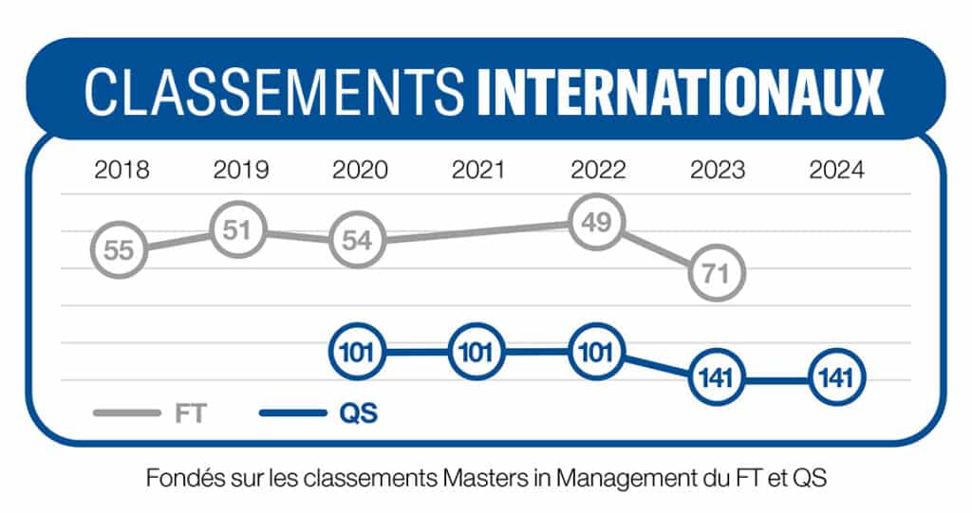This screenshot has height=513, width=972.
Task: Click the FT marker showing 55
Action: click(120, 250)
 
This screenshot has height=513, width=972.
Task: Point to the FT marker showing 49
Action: click(597, 223)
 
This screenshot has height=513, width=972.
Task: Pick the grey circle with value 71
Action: click(717, 274)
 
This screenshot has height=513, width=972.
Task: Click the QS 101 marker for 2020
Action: click(357, 354)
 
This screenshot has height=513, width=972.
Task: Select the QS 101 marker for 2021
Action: click(477, 354)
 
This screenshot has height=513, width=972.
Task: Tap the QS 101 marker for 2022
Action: click(597, 354)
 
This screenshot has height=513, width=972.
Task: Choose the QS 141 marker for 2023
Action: click(717, 377)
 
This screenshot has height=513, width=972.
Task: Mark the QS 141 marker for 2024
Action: click(836, 377)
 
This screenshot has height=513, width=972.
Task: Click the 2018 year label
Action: click(121, 171)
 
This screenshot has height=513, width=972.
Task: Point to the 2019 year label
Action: click(241, 171)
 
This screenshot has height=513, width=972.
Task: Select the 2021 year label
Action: click(479, 171)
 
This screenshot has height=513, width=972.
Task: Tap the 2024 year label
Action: click(836, 171)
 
